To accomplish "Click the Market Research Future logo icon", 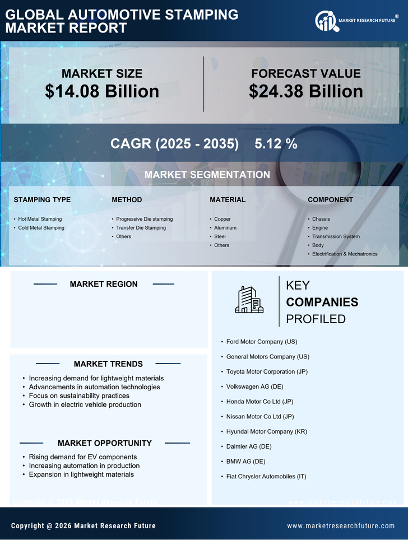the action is click(x=326, y=21).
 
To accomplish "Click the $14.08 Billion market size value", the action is click(x=102, y=91).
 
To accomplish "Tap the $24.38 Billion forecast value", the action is click(x=306, y=91).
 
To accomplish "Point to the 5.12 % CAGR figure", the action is click(x=276, y=143).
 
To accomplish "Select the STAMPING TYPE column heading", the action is click(x=42, y=200).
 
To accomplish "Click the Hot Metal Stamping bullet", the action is click(x=40, y=219).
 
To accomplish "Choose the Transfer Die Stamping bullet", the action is click(x=141, y=228).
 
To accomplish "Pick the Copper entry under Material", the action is click(x=222, y=219).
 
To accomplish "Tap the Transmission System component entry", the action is click(x=336, y=236).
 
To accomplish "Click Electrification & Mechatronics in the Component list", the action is click(x=345, y=254).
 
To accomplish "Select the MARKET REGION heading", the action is click(x=104, y=284).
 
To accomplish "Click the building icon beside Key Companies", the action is click(x=249, y=300).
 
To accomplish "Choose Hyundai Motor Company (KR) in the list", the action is click(x=267, y=431).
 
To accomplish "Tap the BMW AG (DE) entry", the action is click(x=246, y=462).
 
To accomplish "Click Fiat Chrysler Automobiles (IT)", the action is click(x=266, y=477).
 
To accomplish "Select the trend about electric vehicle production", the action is click(x=85, y=404).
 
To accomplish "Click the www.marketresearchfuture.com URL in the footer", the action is click(x=341, y=526).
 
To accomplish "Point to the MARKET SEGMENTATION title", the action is click(x=207, y=175).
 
